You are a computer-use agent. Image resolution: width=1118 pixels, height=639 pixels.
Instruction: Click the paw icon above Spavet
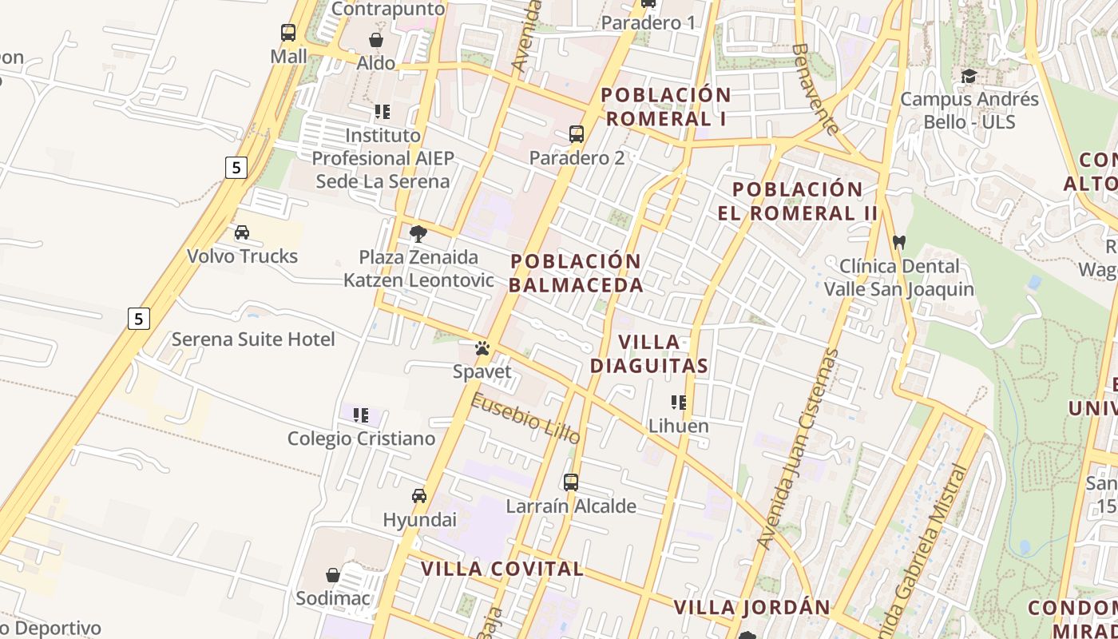tap(482, 348)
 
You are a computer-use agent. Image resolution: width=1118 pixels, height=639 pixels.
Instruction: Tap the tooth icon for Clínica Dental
tap(899, 241)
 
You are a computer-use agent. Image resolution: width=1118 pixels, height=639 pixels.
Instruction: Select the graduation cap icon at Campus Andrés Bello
tap(969, 76)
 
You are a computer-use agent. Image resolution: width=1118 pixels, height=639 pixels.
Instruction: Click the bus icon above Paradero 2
tap(577, 133)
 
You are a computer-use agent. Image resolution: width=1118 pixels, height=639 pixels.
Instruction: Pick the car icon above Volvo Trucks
tap(241, 232)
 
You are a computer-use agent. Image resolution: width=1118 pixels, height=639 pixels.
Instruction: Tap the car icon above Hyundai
tap(419, 496)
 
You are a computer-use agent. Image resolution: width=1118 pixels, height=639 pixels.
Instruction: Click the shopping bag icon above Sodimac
tap(333, 575)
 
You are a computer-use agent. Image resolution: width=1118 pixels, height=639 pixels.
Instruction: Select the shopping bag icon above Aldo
tap(376, 40)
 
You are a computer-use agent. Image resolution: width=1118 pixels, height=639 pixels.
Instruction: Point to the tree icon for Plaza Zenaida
tap(418, 233)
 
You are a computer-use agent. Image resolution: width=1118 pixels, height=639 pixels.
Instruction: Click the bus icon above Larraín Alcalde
tap(570, 482)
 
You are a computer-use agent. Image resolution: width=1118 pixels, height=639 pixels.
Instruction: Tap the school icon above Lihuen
tap(679, 402)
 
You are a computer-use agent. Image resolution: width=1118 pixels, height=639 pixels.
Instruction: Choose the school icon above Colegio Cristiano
tap(361, 415)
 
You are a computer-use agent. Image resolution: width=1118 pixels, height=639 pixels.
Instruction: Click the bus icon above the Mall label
tap(288, 33)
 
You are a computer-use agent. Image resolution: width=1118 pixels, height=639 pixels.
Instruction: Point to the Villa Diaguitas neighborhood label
tap(648, 354)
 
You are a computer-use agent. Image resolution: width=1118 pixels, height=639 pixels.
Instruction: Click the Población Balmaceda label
tap(576, 273)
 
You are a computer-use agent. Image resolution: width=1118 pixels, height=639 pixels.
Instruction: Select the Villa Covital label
tap(502, 569)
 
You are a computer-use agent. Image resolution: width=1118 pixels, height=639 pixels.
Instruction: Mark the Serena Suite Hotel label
tap(253, 339)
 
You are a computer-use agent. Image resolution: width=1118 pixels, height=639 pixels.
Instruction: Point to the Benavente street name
tap(815, 88)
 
